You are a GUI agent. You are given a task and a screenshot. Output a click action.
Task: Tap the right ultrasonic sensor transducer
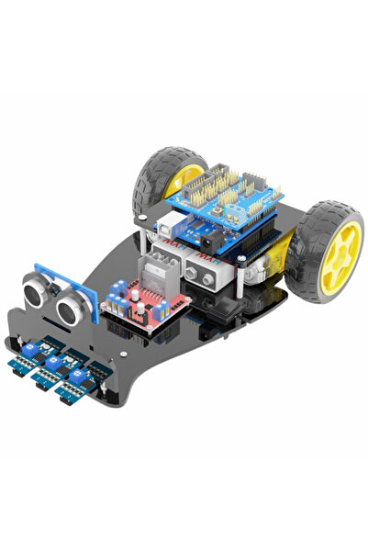71,309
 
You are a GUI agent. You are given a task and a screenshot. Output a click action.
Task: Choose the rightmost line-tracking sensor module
75,379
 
